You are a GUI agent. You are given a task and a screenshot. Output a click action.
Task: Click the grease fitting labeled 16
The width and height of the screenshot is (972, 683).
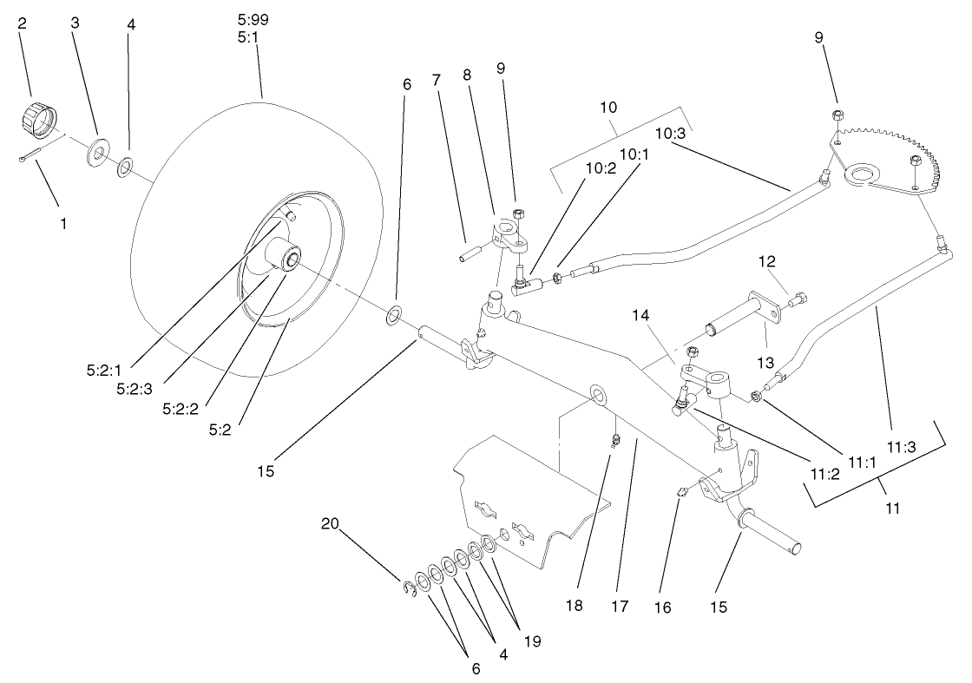coord(683,494)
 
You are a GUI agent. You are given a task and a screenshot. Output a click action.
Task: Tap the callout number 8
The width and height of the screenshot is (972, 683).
coord(467,76)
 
